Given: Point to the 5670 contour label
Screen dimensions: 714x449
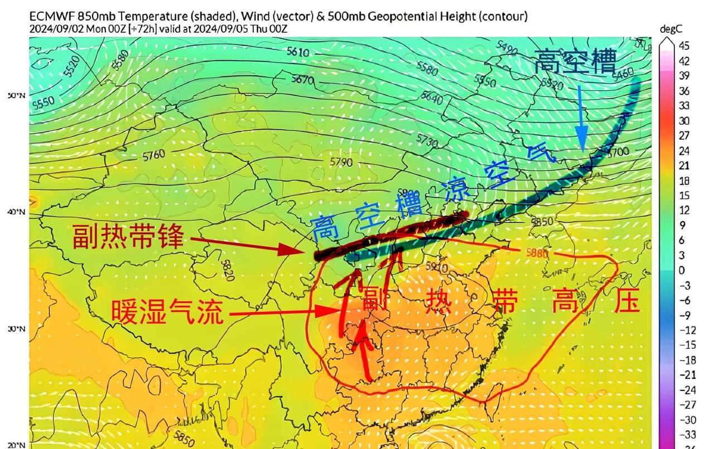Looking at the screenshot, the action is tap(302, 80).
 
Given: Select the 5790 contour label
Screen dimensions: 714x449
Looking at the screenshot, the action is tap(341, 162).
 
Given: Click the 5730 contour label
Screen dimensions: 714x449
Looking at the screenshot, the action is tap(427, 138).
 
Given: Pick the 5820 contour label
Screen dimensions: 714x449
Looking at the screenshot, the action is tap(228, 270).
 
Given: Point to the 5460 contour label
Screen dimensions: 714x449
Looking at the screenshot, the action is tap(623, 72).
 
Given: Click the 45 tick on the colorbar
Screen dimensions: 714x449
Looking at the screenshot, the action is tap(684, 46).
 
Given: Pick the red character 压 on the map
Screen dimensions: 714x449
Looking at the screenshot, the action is tap(626, 304).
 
